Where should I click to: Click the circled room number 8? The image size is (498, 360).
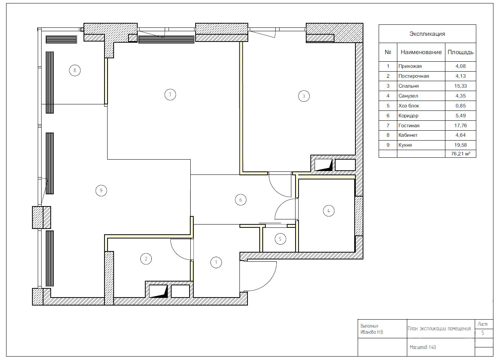click(75, 70)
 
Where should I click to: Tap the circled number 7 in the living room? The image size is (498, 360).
click(170, 94)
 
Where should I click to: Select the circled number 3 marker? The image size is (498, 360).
click(304, 96)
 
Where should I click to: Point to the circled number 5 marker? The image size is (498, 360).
click(280, 239)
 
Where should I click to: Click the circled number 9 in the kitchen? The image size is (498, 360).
click(101, 190)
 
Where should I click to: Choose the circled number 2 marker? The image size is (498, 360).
click(146, 259)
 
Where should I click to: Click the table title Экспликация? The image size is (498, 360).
click(427, 34)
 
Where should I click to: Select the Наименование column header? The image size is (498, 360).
click(421, 52)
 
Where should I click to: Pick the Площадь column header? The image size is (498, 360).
click(460, 52)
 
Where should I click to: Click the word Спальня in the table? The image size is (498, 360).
click(408, 86)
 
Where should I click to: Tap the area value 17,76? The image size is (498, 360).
click(460, 125)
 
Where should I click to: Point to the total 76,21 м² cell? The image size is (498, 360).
click(460, 154)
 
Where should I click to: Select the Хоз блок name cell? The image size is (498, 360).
click(409, 106)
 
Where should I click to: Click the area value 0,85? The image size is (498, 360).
click(460, 106)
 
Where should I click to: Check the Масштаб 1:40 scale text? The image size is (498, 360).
click(422, 347)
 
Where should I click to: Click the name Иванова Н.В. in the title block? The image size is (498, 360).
click(372, 332)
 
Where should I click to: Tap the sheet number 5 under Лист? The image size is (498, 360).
click(483, 333)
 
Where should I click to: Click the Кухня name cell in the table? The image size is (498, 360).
click(405, 145)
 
